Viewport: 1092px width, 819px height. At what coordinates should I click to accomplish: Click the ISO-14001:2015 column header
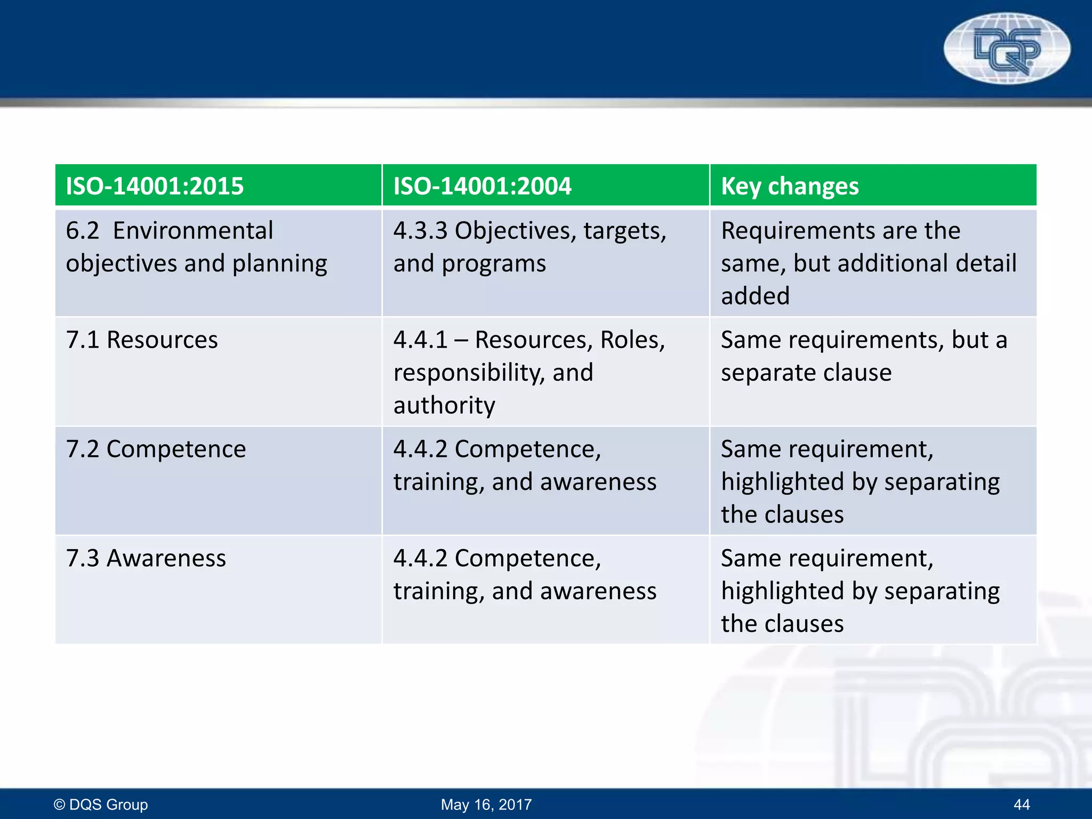click(155, 186)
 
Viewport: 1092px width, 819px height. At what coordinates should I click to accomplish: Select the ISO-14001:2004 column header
click(482, 186)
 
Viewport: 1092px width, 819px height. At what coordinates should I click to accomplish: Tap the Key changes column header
click(790, 186)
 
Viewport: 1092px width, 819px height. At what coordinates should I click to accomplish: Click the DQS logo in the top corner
click(1007, 49)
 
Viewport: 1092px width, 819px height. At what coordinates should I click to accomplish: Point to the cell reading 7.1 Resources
click(142, 340)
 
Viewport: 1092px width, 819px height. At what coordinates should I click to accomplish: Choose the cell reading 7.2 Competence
click(156, 449)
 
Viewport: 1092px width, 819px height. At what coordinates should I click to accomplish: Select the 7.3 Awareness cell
click(146, 558)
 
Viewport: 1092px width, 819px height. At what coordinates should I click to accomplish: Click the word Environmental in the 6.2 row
click(193, 231)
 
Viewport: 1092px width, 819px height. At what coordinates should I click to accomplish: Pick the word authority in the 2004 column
click(444, 405)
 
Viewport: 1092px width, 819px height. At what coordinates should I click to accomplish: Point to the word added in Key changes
click(755, 296)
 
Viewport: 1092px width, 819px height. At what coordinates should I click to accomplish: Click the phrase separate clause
click(806, 372)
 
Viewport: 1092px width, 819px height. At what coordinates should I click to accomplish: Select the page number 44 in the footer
click(1022, 804)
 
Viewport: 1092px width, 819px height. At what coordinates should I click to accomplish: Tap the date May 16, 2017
click(486, 804)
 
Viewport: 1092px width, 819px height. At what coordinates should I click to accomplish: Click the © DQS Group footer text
click(101, 804)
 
